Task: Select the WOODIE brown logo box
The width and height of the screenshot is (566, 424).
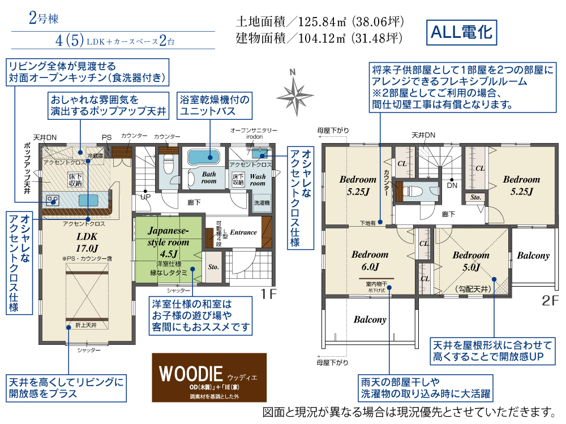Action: coord(209,378)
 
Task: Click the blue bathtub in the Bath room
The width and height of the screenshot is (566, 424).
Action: coord(202,155)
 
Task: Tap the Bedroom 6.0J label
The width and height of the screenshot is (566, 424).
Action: coord(370,261)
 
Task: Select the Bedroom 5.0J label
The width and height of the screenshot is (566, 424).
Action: coord(470,261)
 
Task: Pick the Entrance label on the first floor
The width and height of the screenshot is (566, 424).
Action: coord(243,232)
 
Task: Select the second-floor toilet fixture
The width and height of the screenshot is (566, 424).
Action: coord(417,191)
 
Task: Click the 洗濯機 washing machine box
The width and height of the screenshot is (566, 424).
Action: coord(261,202)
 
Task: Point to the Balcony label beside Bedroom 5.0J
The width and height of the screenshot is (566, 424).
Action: coord(533,256)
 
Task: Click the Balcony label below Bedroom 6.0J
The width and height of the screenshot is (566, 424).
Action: coord(370,319)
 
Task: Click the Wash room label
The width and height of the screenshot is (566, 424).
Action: coord(258,179)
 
